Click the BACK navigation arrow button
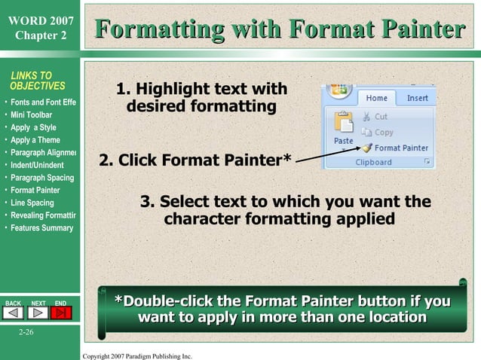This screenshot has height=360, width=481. (14, 313)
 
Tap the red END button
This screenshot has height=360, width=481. (60, 313)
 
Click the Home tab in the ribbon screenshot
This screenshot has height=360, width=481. (376, 98)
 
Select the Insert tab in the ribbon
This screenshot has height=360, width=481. (417, 98)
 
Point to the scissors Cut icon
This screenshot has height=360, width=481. (366, 117)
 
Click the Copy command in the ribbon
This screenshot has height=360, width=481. (377, 132)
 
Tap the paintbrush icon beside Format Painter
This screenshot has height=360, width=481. (366, 148)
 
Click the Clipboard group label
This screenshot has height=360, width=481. (373, 162)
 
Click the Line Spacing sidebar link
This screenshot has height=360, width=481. (32, 203)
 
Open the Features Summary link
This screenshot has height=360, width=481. (41, 228)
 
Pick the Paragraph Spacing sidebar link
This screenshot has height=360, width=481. (41, 178)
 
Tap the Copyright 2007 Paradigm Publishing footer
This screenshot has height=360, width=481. (137, 355)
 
